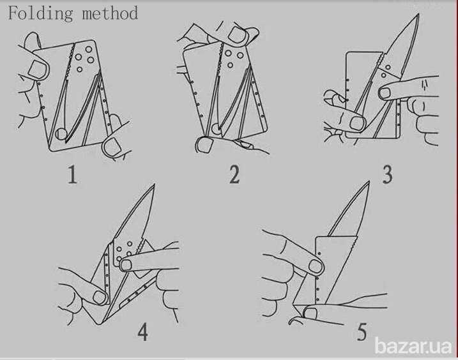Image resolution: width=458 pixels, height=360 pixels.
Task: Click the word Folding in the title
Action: pos(40,13)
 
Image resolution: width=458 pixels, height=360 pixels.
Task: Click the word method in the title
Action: pos(110,13)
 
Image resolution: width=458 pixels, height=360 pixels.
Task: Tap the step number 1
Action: pos(72,174)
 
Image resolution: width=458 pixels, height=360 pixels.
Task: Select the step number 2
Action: pos(234,174)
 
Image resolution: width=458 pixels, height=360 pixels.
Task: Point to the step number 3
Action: pos(387,175)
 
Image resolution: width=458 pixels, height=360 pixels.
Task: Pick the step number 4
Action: pos(142,332)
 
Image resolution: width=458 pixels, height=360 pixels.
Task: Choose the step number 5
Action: pos(362,332)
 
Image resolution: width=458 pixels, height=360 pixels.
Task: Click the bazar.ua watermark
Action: pos(413,346)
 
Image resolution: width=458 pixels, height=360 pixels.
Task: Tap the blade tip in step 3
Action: pos(418,14)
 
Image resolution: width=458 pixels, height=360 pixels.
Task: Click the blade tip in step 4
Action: pos(154,184)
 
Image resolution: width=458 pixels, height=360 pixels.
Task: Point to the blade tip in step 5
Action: pos(369,182)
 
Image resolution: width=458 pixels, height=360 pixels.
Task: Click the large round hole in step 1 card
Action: pos(61,133)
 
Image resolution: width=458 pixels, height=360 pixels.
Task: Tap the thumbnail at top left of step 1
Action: pos(36,69)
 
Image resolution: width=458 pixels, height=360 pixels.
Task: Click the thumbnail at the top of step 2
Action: pos(237,34)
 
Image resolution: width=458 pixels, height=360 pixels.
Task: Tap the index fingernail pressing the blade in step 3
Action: pos(385,93)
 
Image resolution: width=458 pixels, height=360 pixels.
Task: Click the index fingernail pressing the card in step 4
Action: pos(126,265)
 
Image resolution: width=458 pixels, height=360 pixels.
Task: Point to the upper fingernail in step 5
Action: pos(315,266)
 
